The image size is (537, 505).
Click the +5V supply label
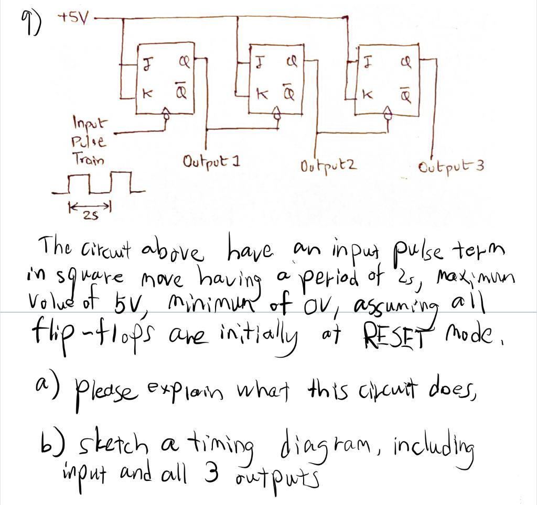(x=76, y=19)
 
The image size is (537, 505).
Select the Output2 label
(x=329, y=166)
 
